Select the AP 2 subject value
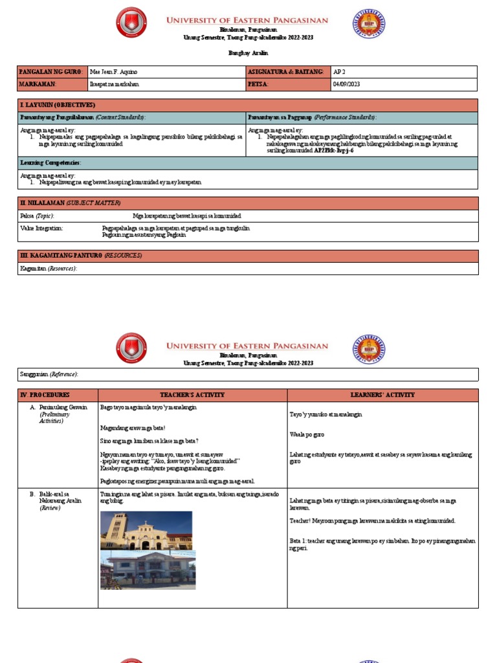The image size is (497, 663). pos(340,72)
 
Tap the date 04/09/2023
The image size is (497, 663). pos(348,84)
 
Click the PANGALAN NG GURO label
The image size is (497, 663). pos(51,72)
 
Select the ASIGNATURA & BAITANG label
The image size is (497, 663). pos(285,72)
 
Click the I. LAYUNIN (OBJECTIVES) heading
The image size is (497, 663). pos(58,105)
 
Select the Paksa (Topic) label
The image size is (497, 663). pos(38,216)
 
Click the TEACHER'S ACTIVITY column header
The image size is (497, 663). pos(192,395)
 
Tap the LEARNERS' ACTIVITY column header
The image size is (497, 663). pos(382,395)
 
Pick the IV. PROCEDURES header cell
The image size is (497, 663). pos(45,395)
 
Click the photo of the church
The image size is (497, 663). pos(146,530)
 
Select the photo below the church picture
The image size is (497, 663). pos(148,570)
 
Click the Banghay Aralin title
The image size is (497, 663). pos(248,53)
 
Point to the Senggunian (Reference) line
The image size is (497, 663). pos(49,374)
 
